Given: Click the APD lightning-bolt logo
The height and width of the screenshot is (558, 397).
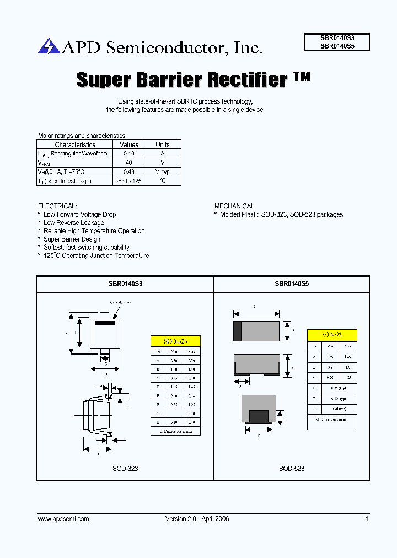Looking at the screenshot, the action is coord(49,46).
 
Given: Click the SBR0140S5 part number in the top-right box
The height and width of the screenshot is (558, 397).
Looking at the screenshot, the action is coord(337,47).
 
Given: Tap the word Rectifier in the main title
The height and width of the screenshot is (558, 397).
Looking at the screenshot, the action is coord(247,80).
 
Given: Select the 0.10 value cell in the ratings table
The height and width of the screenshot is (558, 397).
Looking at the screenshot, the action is coord(128,154).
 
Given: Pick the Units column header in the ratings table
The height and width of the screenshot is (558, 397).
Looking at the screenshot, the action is coord(162,144).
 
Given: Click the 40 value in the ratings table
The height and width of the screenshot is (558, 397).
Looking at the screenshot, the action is coord(128,163).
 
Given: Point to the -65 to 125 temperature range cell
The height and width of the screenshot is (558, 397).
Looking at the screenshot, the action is coord(128,181).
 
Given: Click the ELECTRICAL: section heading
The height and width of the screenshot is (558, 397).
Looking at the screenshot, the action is coord(57,206).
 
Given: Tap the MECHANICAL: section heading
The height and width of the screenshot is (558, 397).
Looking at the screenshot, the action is coord(234,206).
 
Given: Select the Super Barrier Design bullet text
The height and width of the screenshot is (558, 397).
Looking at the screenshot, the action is coord(72,239).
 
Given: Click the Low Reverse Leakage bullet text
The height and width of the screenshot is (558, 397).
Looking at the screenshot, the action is coord(74,223).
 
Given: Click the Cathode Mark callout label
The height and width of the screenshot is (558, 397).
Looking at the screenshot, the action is coord(120,302).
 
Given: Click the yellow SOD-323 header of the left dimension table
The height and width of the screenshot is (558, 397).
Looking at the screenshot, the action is coord(175,341).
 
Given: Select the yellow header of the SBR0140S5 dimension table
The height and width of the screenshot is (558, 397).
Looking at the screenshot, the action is coord(332,335).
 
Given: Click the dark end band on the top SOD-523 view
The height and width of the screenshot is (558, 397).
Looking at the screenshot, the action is coord(238,331).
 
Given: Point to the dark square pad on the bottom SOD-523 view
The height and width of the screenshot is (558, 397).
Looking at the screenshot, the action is coord(259,416).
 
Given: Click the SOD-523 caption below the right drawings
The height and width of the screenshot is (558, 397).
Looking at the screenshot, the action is coord(291,468).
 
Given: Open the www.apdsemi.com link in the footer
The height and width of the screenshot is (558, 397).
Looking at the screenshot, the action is coord(63,519).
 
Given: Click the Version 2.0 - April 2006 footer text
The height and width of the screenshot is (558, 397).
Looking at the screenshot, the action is coord(197,519).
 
